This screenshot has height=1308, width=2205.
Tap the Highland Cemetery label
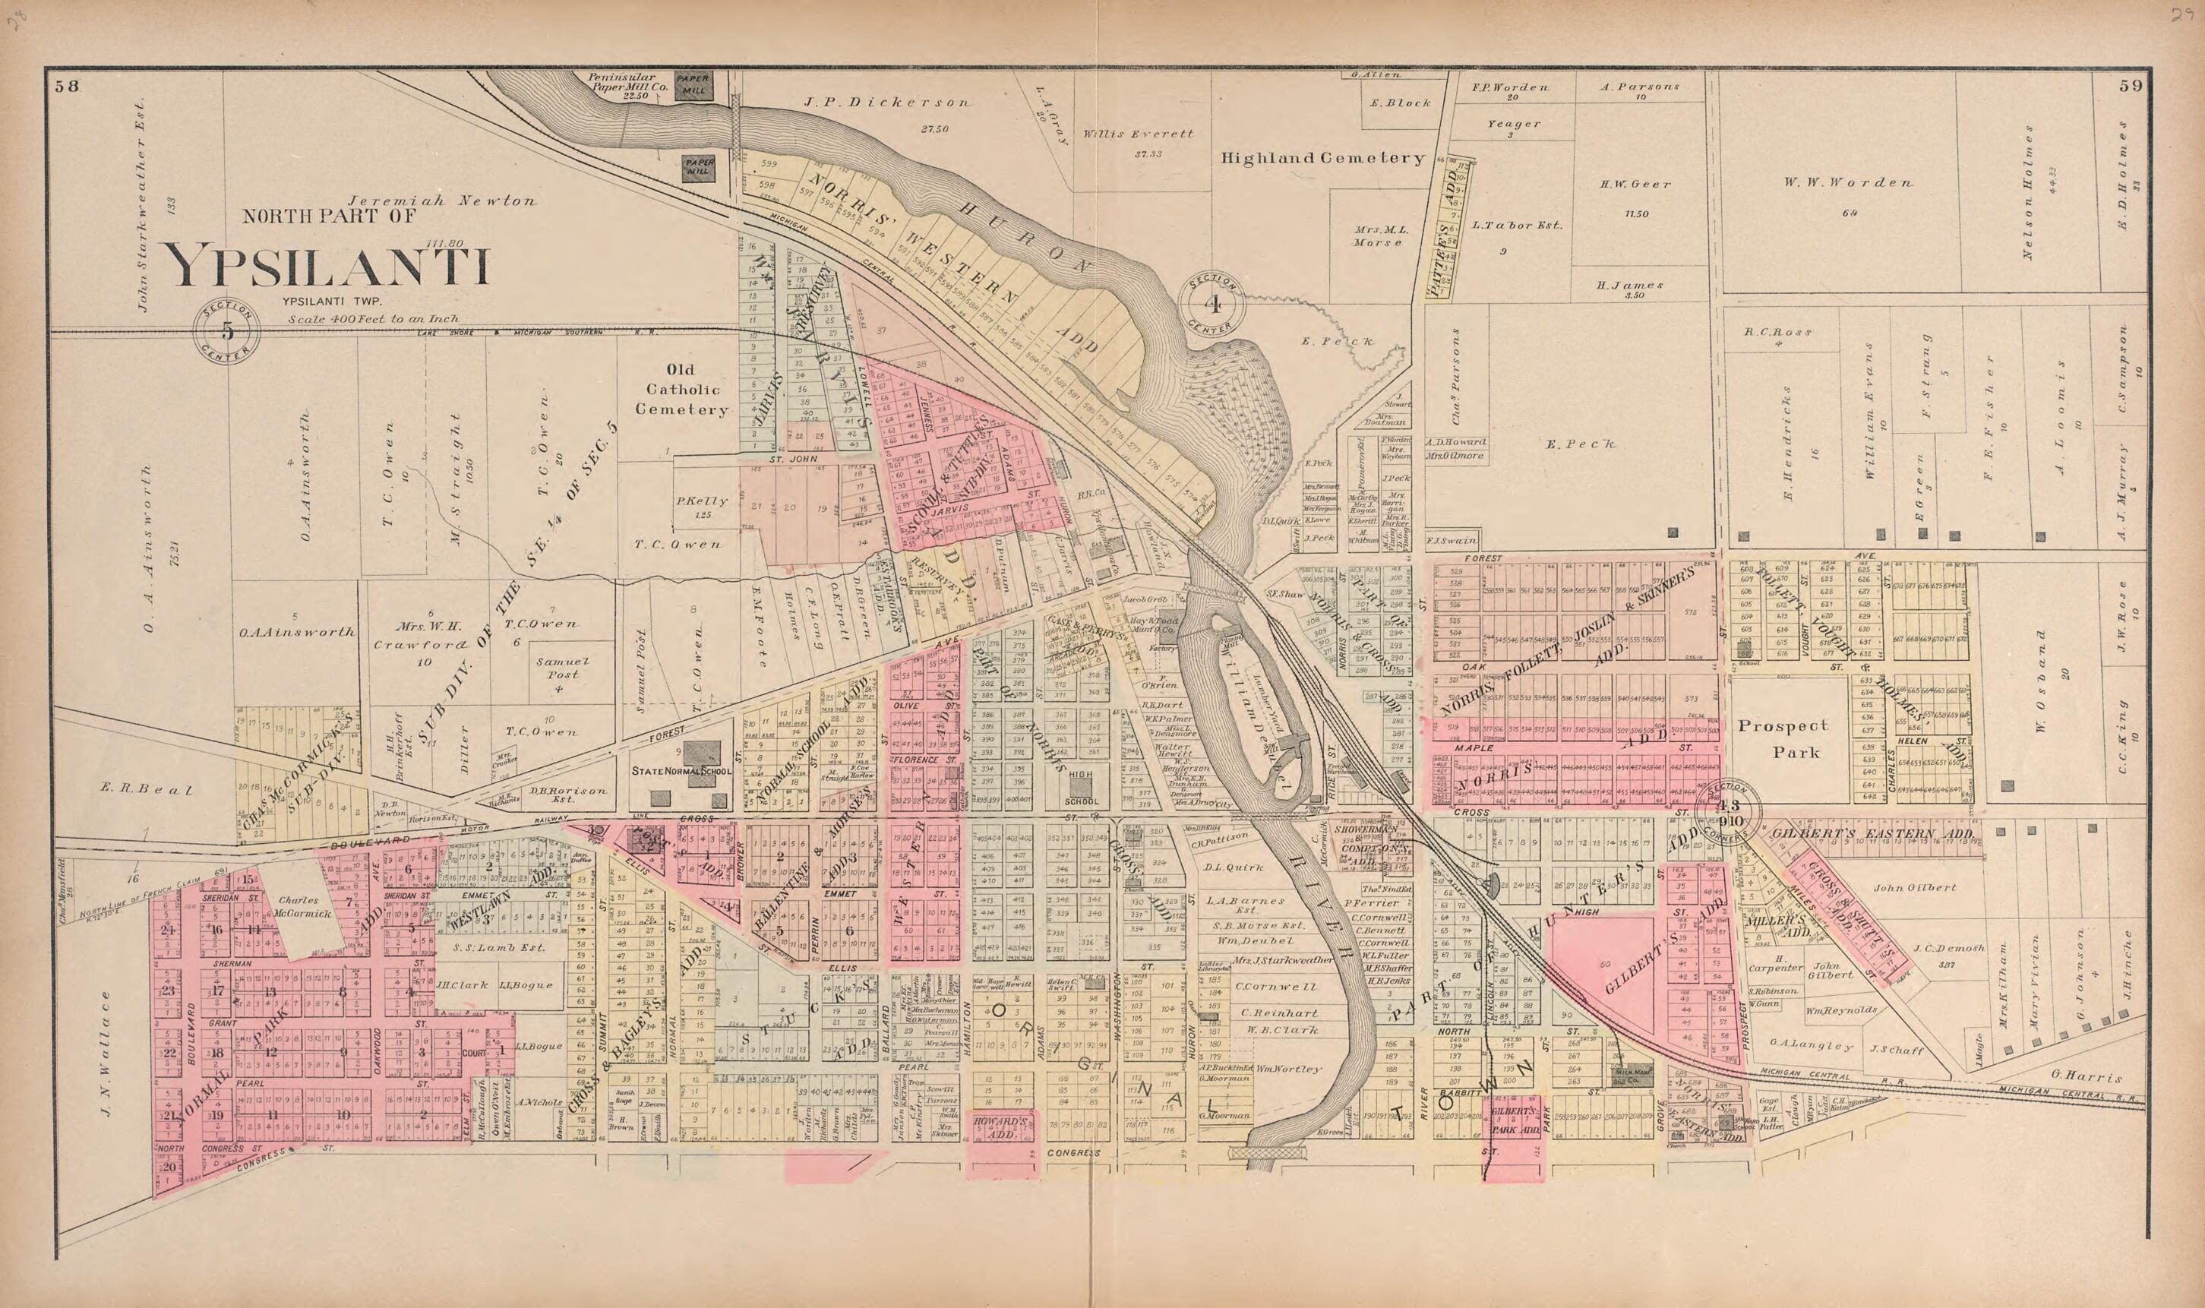1322,159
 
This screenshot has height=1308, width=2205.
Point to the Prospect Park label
1783,738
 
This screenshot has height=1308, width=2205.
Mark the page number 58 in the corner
66,86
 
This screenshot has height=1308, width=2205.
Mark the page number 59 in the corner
2131,86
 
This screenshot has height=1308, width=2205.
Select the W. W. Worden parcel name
1848,183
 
